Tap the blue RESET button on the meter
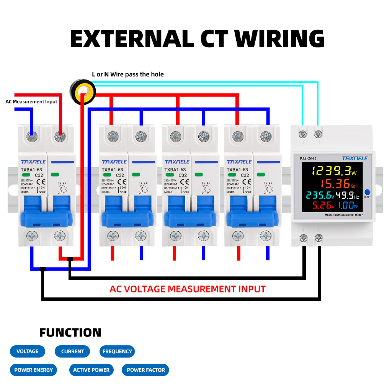coord(367,192)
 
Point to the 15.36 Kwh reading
coord(339,183)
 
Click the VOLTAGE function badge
coord(27,351)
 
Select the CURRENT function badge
coord(72,351)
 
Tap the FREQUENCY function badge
coord(117,351)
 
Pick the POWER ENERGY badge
coord(33,370)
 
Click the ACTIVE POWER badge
coord(91,370)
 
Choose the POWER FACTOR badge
coord(145,370)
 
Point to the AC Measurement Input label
coord(31,101)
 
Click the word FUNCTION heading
coord(70,333)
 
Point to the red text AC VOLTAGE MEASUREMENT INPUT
coord(187,289)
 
